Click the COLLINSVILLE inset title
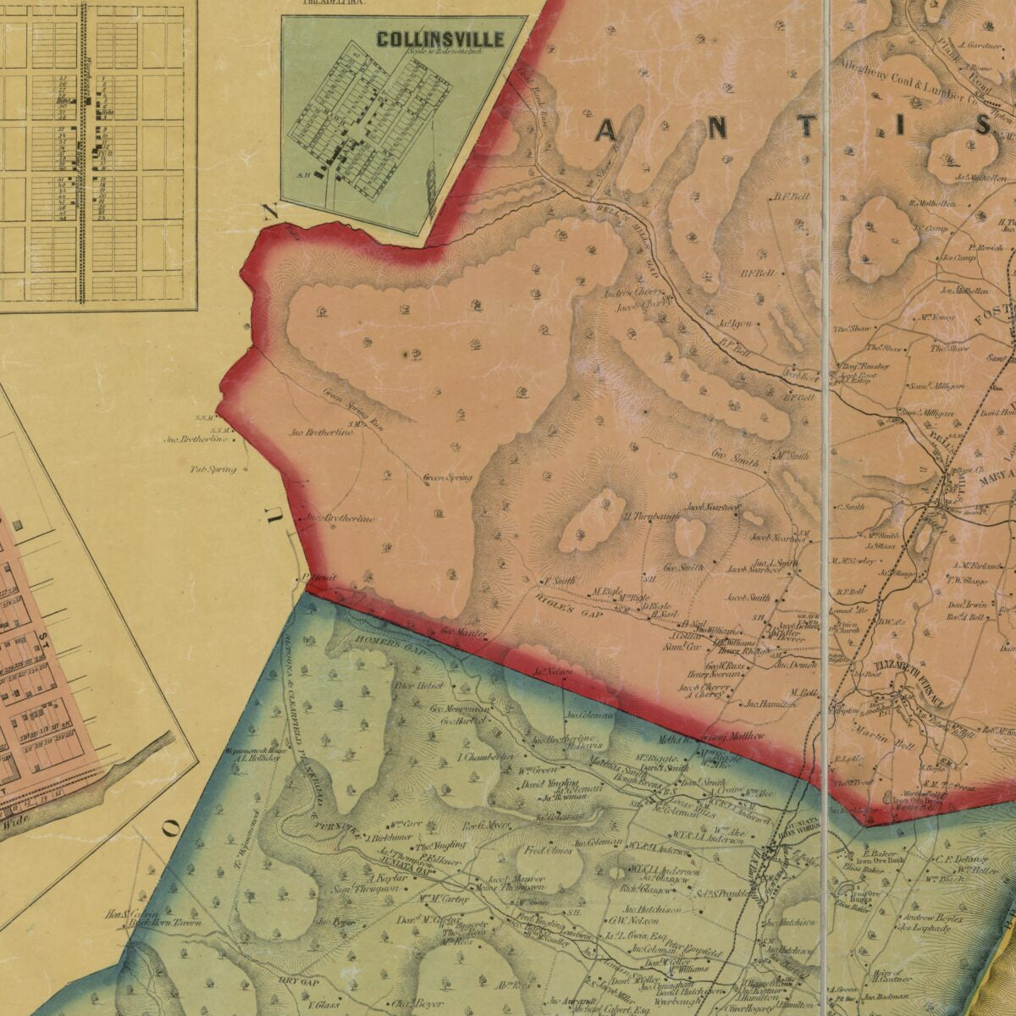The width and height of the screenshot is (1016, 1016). (440, 39)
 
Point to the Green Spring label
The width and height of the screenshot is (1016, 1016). (447, 478)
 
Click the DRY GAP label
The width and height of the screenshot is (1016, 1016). (297, 982)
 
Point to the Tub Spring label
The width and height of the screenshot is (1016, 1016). (213, 468)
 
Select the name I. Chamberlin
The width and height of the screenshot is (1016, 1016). (486, 757)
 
